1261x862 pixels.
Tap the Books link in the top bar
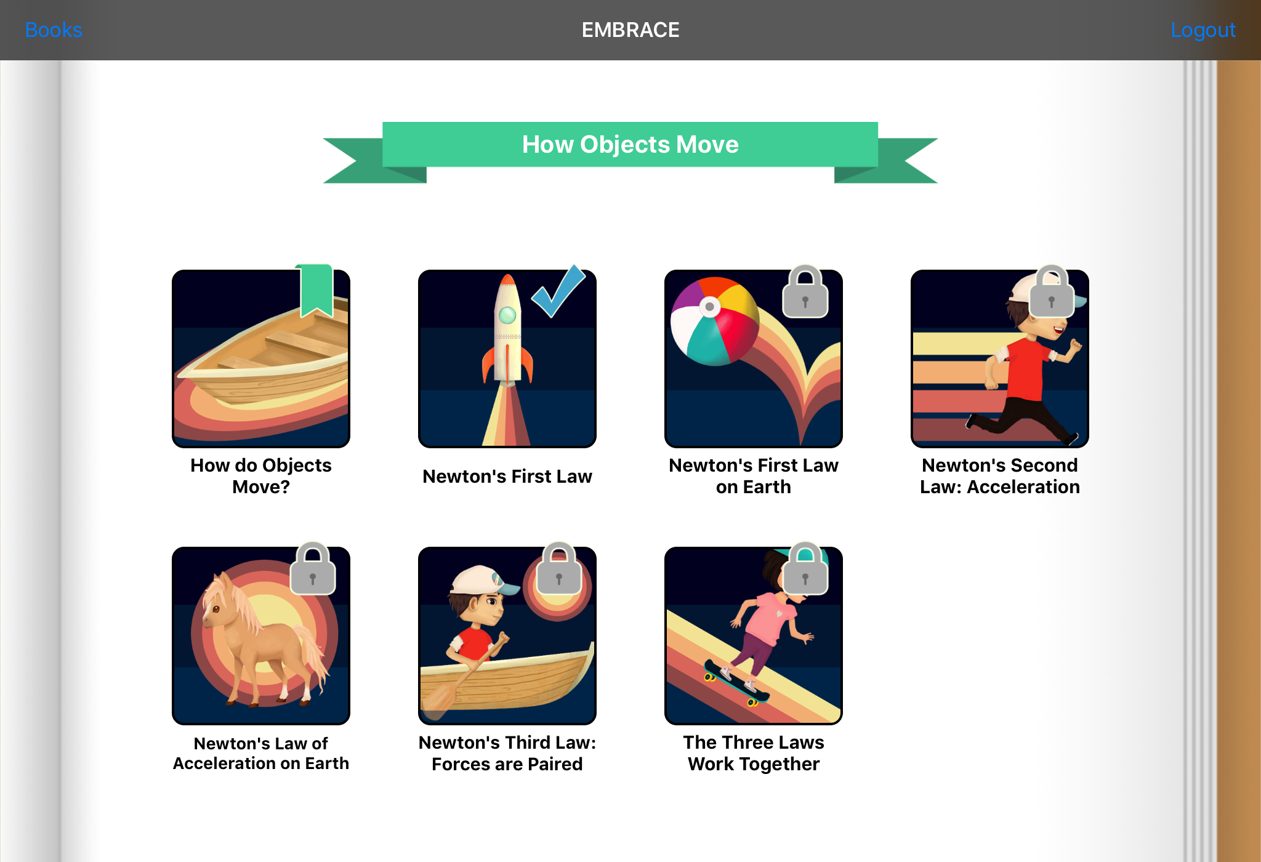click(x=54, y=30)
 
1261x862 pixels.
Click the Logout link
click(x=1203, y=30)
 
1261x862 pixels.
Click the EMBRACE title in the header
click(x=630, y=30)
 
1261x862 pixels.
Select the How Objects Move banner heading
click(x=630, y=144)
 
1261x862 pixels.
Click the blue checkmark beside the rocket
click(x=558, y=291)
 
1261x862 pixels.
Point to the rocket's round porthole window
click(x=507, y=315)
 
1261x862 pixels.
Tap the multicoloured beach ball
click(x=715, y=321)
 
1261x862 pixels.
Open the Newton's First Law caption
click(x=507, y=476)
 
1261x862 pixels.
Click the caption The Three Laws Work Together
click(x=754, y=753)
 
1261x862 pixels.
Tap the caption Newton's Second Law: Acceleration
click(x=1000, y=476)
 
